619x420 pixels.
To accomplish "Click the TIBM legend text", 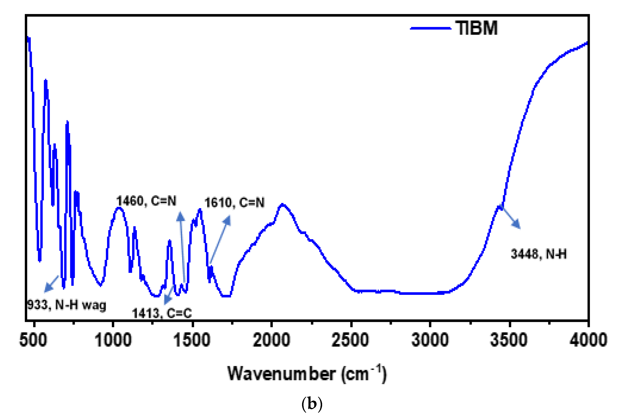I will pos(476,28).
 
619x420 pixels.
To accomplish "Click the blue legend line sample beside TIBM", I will pos(430,28).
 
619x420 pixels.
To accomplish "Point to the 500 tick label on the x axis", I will pos(33,340).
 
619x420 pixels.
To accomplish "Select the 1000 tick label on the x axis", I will pos(113,340).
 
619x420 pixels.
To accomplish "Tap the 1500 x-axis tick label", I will pos(192,340).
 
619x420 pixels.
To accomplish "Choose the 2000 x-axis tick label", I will pos(271,340).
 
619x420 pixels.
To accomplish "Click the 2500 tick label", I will pos(350,340).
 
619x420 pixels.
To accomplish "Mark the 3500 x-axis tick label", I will pos(509,340).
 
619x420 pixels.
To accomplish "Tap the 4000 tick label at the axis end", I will pos(588,340).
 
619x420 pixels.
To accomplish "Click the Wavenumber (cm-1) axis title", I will pos(307,374).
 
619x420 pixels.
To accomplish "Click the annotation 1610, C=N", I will pos(234,203).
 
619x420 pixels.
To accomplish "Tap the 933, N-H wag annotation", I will pos(67,305).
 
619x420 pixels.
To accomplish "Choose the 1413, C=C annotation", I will pos(162,313).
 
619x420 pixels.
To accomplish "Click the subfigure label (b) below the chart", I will pos(312,404).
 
